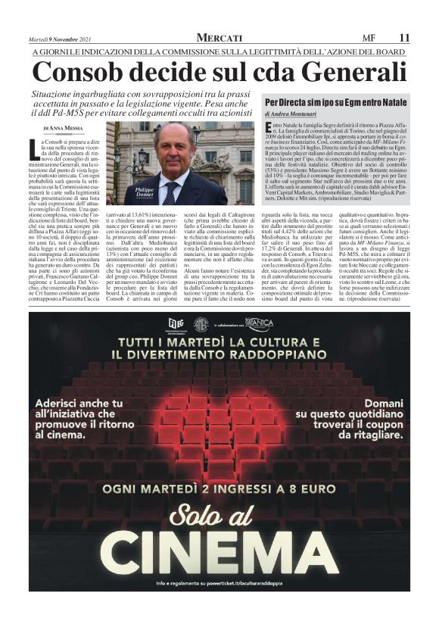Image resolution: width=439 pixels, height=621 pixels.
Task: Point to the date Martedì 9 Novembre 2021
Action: [x=64, y=39]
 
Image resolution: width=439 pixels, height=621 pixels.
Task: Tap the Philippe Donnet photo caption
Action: [x=144, y=192]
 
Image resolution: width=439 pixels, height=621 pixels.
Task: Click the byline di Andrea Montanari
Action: [x=296, y=112]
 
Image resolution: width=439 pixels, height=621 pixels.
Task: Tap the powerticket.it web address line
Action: [x=219, y=583]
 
